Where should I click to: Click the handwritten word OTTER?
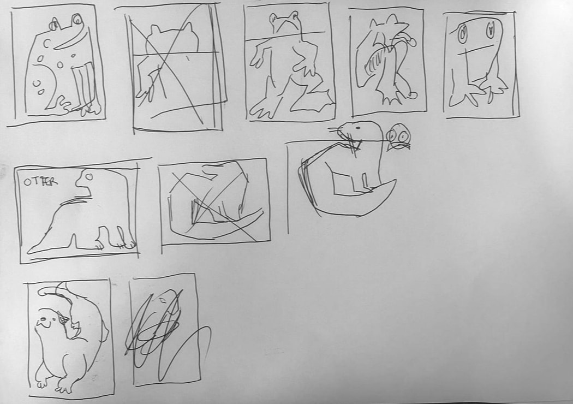coord(40,182)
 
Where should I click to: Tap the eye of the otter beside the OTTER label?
coord(88,177)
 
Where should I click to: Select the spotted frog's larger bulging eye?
coord(77,19)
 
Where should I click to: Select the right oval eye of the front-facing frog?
coord(490,30)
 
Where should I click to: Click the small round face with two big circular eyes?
coord(398,136)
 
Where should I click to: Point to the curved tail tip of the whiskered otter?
coord(394,181)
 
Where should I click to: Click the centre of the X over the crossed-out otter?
coord(210,205)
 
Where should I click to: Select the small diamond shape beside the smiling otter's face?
coord(64,320)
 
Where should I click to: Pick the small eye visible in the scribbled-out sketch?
coord(162,300)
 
